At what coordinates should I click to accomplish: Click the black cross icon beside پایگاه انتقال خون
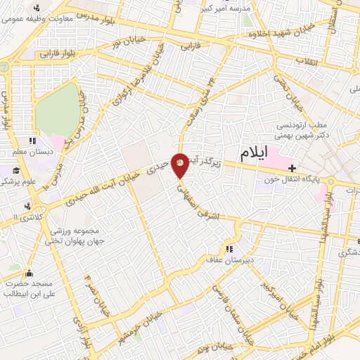coord(292,167)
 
